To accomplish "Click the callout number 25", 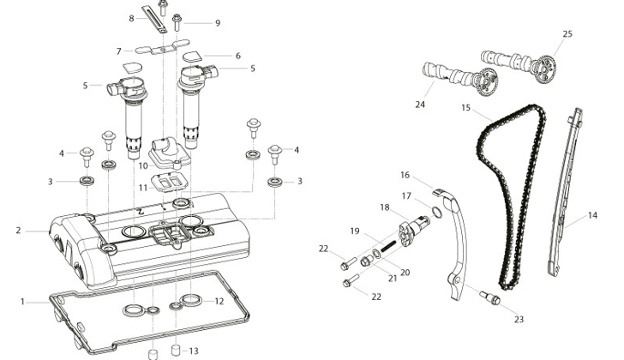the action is pyautogui.click(x=567, y=33).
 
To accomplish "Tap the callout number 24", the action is pyautogui.click(x=420, y=105).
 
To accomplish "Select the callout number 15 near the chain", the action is pyautogui.click(x=466, y=108).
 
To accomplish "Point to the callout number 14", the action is pyautogui.click(x=592, y=216).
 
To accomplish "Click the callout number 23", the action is pyautogui.click(x=519, y=320).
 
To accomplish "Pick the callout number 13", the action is pyautogui.click(x=194, y=351).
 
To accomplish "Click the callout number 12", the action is pyautogui.click(x=219, y=302).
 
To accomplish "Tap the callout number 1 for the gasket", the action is pyautogui.click(x=22, y=303).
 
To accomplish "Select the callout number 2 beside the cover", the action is pyautogui.click(x=18, y=231).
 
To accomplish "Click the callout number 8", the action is pyautogui.click(x=131, y=18).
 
